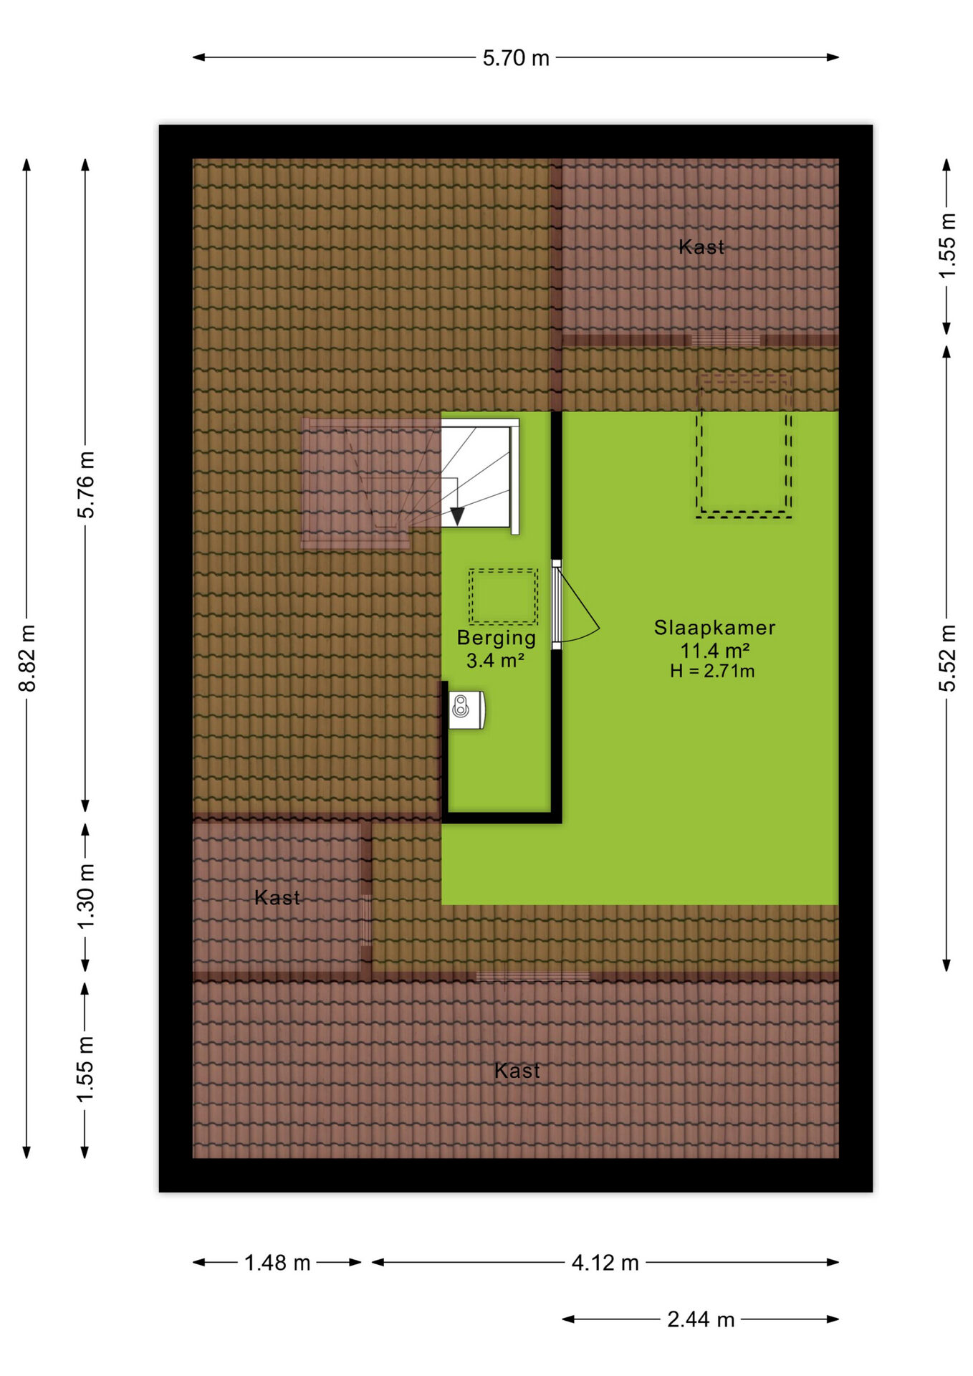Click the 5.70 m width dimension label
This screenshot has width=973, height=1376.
pyautogui.click(x=516, y=58)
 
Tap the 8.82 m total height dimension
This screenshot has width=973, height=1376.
pyautogui.click(x=27, y=658)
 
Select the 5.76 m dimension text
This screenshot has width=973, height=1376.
pyautogui.click(x=86, y=484)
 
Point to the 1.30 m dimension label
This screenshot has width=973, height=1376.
pyautogui.click(x=86, y=897)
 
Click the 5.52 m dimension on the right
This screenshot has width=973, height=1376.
pyautogui.click(x=947, y=658)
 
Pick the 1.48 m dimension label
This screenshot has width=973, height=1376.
pyautogui.click(x=277, y=1262)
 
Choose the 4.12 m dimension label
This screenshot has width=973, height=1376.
pyautogui.click(x=605, y=1262)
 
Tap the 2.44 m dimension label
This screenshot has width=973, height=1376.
pyautogui.click(x=701, y=1319)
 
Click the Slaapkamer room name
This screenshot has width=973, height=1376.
pyautogui.click(x=714, y=628)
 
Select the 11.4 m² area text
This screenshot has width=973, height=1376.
pyautogui.click(x=714, y=651)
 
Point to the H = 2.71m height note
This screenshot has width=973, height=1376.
pyautogui.click(x=712, y=672)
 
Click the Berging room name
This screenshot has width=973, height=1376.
pyautogui.click(x=497, y=638)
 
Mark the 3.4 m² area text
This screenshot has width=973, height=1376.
pyautogui.click(x=495, y=660)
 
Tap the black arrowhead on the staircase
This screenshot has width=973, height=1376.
pyautogui.click(x=457, y=515)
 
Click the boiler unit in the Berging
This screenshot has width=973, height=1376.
pyautogui.click(x=466, y=709)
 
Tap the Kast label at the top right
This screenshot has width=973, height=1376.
pyautogui.click(x=701, y=247)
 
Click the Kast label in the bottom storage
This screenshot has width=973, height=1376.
pyautogui.click(x=517, y=1071)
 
